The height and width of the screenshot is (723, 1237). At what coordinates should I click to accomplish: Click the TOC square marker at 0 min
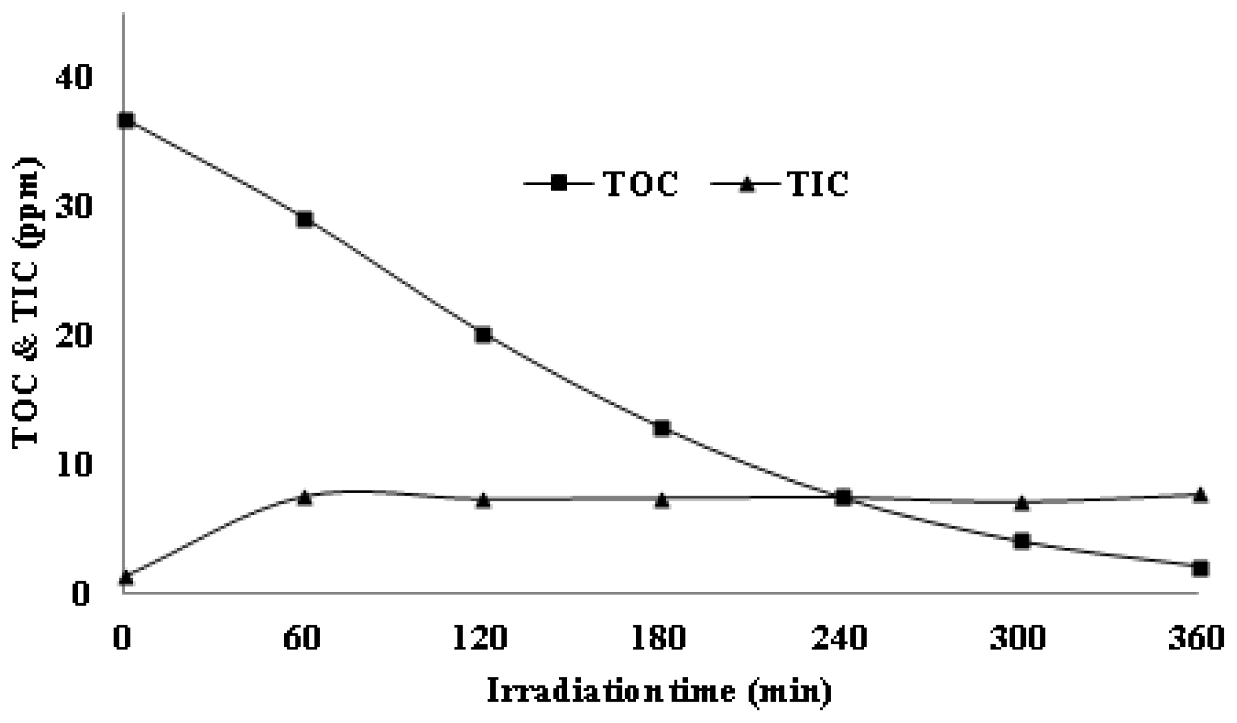[x=126, y=120]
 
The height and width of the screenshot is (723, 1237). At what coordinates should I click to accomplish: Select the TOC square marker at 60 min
[x=305, y=220]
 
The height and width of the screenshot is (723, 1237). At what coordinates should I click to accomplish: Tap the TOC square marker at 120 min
[x=483, y=334]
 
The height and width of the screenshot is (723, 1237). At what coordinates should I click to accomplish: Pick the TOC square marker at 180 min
[x=662, y=429]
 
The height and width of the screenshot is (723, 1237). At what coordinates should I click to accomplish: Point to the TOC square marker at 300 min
[x=1021, y=541]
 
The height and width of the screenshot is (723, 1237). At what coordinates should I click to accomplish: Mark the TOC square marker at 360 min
[x=1200, y=568]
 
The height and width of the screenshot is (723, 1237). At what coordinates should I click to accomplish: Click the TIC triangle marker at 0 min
[x=126, y=576]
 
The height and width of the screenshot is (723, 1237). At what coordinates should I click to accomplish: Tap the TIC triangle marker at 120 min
[x=483, y=501]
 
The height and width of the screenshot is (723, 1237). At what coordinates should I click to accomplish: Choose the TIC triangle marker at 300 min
[x=1021, y=503]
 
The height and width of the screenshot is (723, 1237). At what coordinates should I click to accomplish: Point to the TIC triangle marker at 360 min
[x=1200, y=495]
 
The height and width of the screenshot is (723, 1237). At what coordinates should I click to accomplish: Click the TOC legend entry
[x=602, y=184]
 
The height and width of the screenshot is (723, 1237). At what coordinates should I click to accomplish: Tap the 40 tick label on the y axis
[x=74, y=77]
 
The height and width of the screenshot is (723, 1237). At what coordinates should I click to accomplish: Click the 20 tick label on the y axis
[x=74, y=336]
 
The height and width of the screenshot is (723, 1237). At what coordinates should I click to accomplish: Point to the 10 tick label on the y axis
[x=74, y=465]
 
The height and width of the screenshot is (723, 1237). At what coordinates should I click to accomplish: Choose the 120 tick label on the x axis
[x=480, y=639]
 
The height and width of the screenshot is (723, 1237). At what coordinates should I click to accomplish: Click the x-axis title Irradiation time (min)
[x=659, y=692]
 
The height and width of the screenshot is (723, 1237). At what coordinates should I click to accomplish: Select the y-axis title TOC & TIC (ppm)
[x=26, y=302]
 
